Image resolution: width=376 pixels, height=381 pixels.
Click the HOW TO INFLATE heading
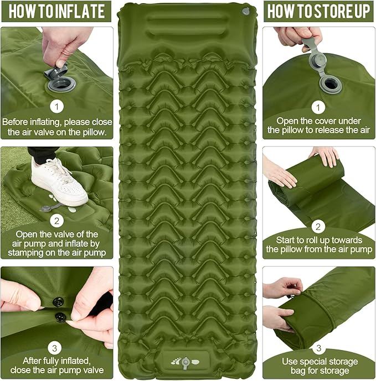point(56,11)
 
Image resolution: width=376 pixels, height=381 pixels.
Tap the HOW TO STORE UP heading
point(318,11)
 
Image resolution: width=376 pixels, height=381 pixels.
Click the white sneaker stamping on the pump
point(58,182)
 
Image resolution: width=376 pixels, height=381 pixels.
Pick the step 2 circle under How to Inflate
point(56,221)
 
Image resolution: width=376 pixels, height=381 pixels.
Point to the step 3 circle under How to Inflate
point(56,348)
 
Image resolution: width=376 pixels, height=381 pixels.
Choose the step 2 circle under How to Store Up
point(318,226)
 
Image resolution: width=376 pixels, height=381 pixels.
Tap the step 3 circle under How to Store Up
point(318,348)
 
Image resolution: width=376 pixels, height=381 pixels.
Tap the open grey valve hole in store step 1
point(333,85)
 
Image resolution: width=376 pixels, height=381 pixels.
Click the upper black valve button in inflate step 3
point(58,302)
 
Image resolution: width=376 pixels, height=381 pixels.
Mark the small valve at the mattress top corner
point(245,11)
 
